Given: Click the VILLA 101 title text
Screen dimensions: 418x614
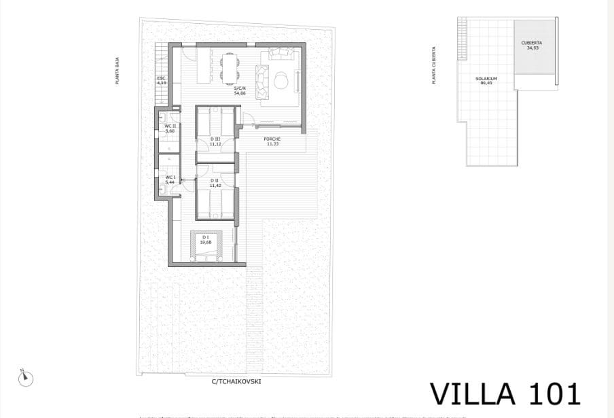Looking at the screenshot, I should pos(505,394).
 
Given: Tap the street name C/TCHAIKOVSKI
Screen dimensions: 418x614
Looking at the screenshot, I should pos(236,381).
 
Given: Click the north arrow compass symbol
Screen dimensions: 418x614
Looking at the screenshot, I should pos(25,377).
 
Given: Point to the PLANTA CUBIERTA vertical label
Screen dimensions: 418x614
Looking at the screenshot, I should pos(434,65).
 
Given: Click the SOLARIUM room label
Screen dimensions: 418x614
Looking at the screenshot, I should pos(486,80).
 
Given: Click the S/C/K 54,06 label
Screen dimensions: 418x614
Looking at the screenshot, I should pos(240,90).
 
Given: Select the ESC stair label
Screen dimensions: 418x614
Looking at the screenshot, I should pos(162,80).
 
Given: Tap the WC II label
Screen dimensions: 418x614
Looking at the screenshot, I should pos(170,128).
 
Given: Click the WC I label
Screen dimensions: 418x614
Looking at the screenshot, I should pos(170,179).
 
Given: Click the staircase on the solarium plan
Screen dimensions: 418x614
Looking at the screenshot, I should pos(463,41).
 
